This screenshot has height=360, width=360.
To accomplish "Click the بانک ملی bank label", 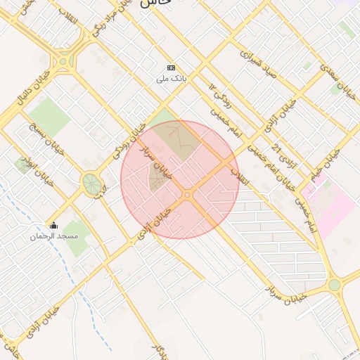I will click(x=172, y=79).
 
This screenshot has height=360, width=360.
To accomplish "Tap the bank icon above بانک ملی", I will click(x=172, y=67).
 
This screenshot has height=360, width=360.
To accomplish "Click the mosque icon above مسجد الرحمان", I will click(x=53, y=226).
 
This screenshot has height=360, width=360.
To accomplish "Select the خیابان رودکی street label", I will click(x=129, y=139).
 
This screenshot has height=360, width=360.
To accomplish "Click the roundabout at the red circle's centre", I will click(x=188, y=194).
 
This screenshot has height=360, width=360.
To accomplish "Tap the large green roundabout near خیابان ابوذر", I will click(x=91, y=184).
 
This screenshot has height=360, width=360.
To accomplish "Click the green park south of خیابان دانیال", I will click(x=49, y=116).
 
